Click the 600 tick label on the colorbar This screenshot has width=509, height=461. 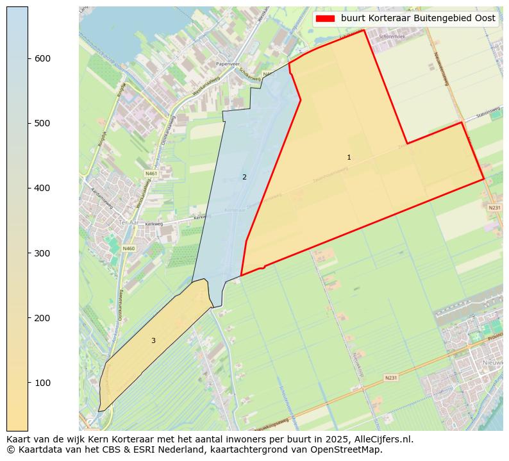coord(42,58)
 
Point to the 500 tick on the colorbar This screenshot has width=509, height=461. coord(42,123)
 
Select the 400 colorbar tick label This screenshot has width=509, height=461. coord(42,188)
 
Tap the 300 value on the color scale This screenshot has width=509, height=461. coord(42,253)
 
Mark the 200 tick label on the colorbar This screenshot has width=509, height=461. coord(42,318)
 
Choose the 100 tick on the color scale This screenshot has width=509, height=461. coord(42,383)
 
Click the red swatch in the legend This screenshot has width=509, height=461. coord(326,19)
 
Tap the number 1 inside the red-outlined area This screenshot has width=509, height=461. coord(349,157)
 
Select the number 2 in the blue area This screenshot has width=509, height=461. coord(244,177)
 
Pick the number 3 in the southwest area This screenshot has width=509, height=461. coord(153,340)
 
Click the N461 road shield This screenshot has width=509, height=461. coord(151,173)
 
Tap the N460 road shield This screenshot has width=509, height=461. coord(129,248)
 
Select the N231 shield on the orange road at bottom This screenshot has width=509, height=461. coord(391,378)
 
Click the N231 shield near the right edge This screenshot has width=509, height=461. coord(494,208)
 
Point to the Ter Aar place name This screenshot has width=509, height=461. coord(128,222)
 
